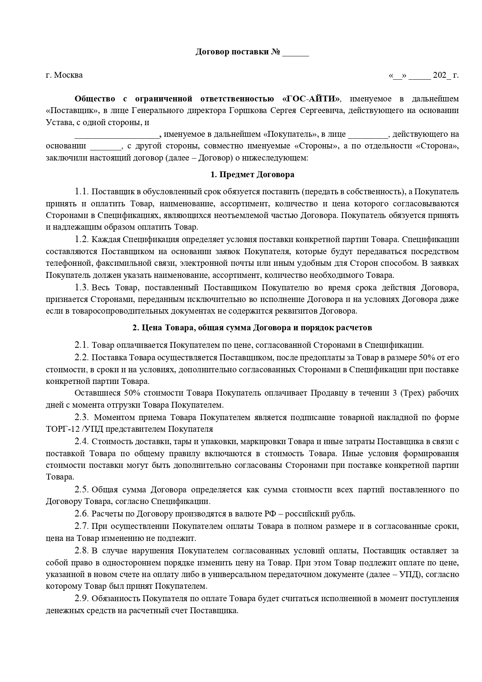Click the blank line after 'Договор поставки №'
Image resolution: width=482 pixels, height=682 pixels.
click(295, 52)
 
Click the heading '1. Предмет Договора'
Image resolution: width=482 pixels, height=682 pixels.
click(252, 174)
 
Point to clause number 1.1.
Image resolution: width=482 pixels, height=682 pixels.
click(82, 192)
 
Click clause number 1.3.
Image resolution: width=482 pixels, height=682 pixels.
click(82, 288)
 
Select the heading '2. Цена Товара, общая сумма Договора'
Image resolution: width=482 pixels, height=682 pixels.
click(252, 328)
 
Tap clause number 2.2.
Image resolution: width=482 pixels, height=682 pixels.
click(82, 357)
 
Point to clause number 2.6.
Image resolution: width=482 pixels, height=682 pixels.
click(82, 514)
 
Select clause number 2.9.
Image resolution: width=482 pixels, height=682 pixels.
click(82, 598)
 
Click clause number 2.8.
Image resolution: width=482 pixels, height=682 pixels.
click(82, 551)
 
